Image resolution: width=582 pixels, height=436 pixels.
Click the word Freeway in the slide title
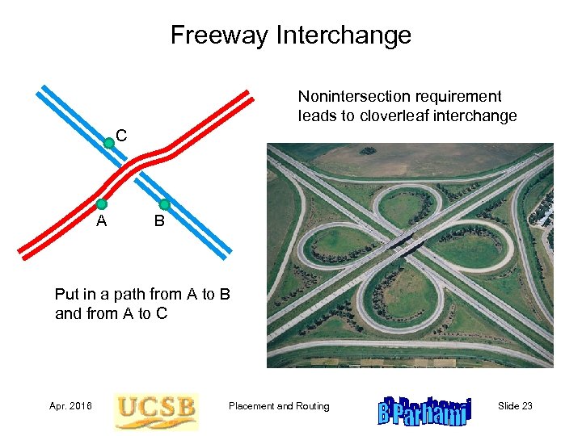click(x=219, y=36)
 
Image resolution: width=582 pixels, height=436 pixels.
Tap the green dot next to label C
click(x=109, y=144)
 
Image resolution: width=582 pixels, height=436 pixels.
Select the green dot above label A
click(x=102, y=204)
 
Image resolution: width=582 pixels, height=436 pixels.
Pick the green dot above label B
click(x=165, y=204)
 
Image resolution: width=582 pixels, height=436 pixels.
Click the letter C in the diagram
click(x=120, y=134)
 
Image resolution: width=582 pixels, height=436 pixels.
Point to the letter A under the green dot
click(x=101, y=220)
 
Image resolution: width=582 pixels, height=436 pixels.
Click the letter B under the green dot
click(x=159, y=220)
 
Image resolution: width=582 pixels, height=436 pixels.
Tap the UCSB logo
click(x=155, y=409)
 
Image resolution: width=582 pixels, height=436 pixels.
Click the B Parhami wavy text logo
click(x=423, y=409)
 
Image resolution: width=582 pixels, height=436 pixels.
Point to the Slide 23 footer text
click(x=515, y=406)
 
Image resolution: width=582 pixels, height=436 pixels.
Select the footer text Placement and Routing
click(x=279, y=406)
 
